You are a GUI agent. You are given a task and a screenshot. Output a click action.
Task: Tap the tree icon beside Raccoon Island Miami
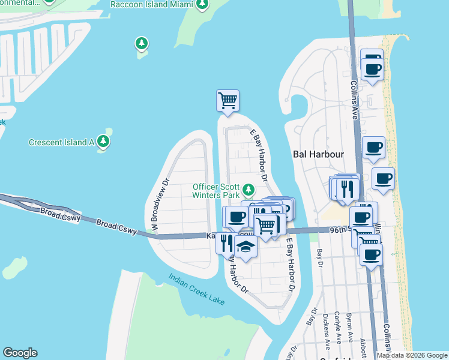click(203, 5)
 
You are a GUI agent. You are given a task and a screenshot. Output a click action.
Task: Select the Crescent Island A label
click(62, 142)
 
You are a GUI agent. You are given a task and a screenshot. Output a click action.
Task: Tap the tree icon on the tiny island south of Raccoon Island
click(142, 44)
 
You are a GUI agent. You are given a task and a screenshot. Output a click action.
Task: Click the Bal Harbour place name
click(318, 154)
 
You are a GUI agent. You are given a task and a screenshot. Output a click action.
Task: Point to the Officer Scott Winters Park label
click(215, 190)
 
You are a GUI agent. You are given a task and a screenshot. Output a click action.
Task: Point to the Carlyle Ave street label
click(339, 326)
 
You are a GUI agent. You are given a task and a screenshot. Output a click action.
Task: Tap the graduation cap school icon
click(246, 246)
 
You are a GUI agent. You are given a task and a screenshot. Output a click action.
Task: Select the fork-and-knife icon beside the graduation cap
click(226, 242)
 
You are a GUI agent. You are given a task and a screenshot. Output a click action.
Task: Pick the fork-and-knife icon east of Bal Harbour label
click(348, 188)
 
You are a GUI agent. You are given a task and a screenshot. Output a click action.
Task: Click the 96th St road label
click(339, 230)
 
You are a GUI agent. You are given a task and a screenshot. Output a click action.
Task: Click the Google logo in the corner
click(20, 353)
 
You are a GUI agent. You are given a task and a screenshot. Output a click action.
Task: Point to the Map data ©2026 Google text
click(412, 355)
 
